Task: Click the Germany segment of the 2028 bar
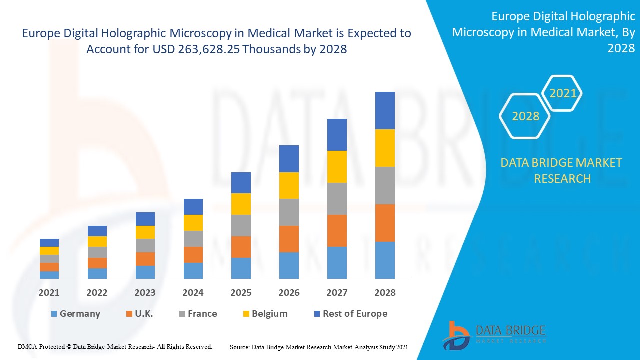coord(385,260)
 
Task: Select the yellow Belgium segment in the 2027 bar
coord(337,167)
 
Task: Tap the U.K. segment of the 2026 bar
coord(289,239)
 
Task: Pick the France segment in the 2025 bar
coord(241,225)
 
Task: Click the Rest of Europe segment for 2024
coord(193,207)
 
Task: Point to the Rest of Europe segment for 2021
coord(49,243)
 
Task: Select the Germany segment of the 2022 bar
coord(97,273)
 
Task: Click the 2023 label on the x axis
coord(145,293)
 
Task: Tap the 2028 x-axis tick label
coord(385,293)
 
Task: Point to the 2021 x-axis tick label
coord(49,293)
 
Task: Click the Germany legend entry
coord(75,314)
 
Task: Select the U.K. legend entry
coord(139,314)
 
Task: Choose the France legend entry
coord(198,314)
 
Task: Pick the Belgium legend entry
coord(265,314)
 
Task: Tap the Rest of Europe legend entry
coord(350,314)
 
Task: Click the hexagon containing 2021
coord(563,93)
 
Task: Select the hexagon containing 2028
coord(525,116)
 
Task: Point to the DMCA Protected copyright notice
coord(115,346)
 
